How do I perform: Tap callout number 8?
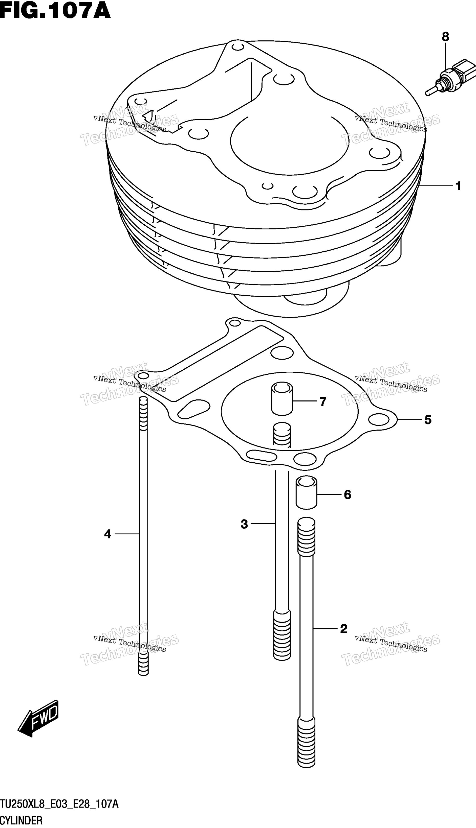point(445,37)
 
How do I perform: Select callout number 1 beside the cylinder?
point(458,186)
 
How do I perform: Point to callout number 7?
point(323,401)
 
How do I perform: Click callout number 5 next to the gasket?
point(428,419)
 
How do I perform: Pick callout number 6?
point(347,495)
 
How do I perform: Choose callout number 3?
point(244,524)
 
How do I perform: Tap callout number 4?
point(107,534)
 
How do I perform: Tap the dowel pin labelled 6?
point(306,492)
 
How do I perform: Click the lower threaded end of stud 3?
point(282,634)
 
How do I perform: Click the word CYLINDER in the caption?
point(21,820)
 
